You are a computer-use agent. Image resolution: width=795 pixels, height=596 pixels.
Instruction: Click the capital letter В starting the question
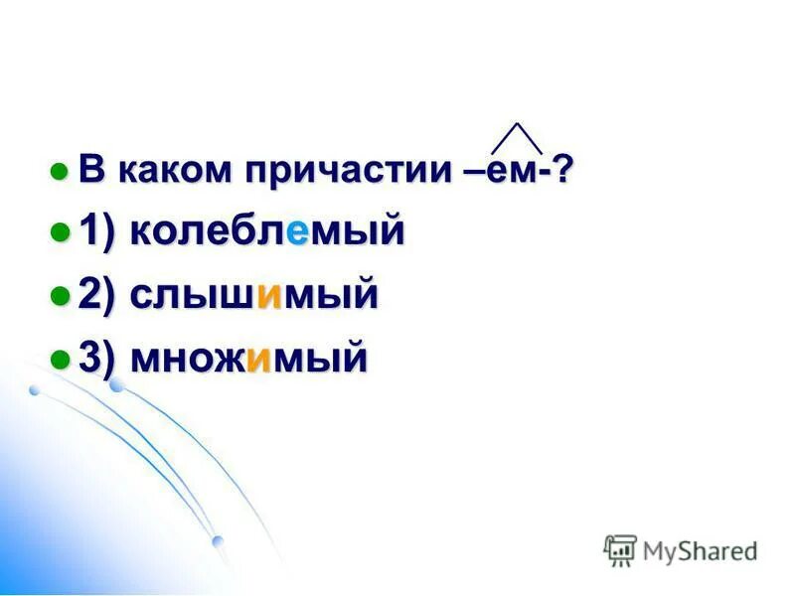tap(91, 170)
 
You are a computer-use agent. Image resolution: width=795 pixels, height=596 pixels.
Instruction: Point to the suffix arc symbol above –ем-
tap(517, 138)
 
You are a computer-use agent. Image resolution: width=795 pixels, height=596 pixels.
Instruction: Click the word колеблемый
tap(266, 232)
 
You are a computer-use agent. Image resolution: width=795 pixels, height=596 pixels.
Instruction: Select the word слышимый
tap(253, 295)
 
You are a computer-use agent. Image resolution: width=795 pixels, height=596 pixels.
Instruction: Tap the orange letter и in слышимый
tap(266, 297)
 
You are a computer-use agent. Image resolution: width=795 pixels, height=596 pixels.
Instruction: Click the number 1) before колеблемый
tap(99, 232)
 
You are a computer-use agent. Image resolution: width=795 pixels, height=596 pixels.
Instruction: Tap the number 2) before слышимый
tap(99, 295)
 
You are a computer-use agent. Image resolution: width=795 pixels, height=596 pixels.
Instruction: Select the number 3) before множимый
tap(99, 358)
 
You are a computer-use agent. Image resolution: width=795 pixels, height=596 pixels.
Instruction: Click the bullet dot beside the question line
tap(61, 171)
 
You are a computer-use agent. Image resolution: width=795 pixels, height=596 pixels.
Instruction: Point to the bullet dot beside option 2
tap(61, 296)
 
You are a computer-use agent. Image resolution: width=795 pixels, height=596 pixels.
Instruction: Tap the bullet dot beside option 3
tap(61, 359)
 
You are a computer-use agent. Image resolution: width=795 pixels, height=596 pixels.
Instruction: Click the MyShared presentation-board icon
tap(620, 549)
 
